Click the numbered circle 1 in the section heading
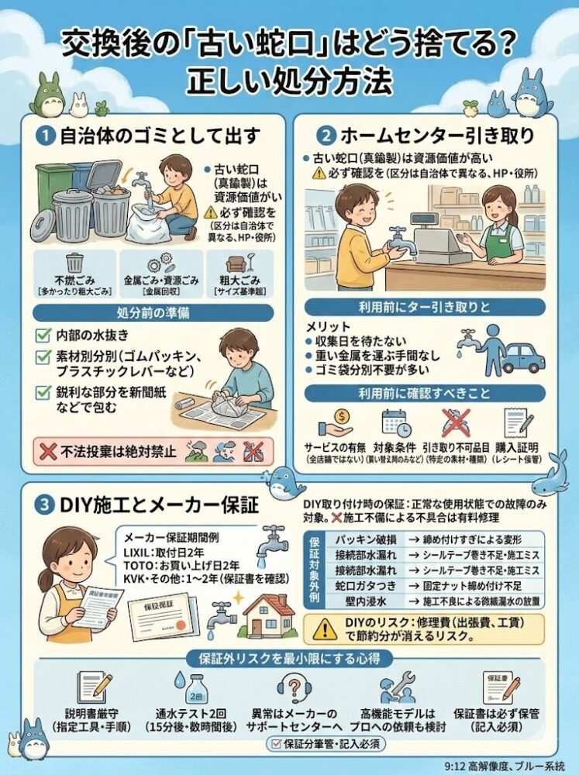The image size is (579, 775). tap(46, 136)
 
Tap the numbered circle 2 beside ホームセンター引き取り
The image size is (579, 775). tap(328, 135)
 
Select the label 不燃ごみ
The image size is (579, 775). tap(74, 281)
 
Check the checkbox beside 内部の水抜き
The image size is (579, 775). tap(44, 337)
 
